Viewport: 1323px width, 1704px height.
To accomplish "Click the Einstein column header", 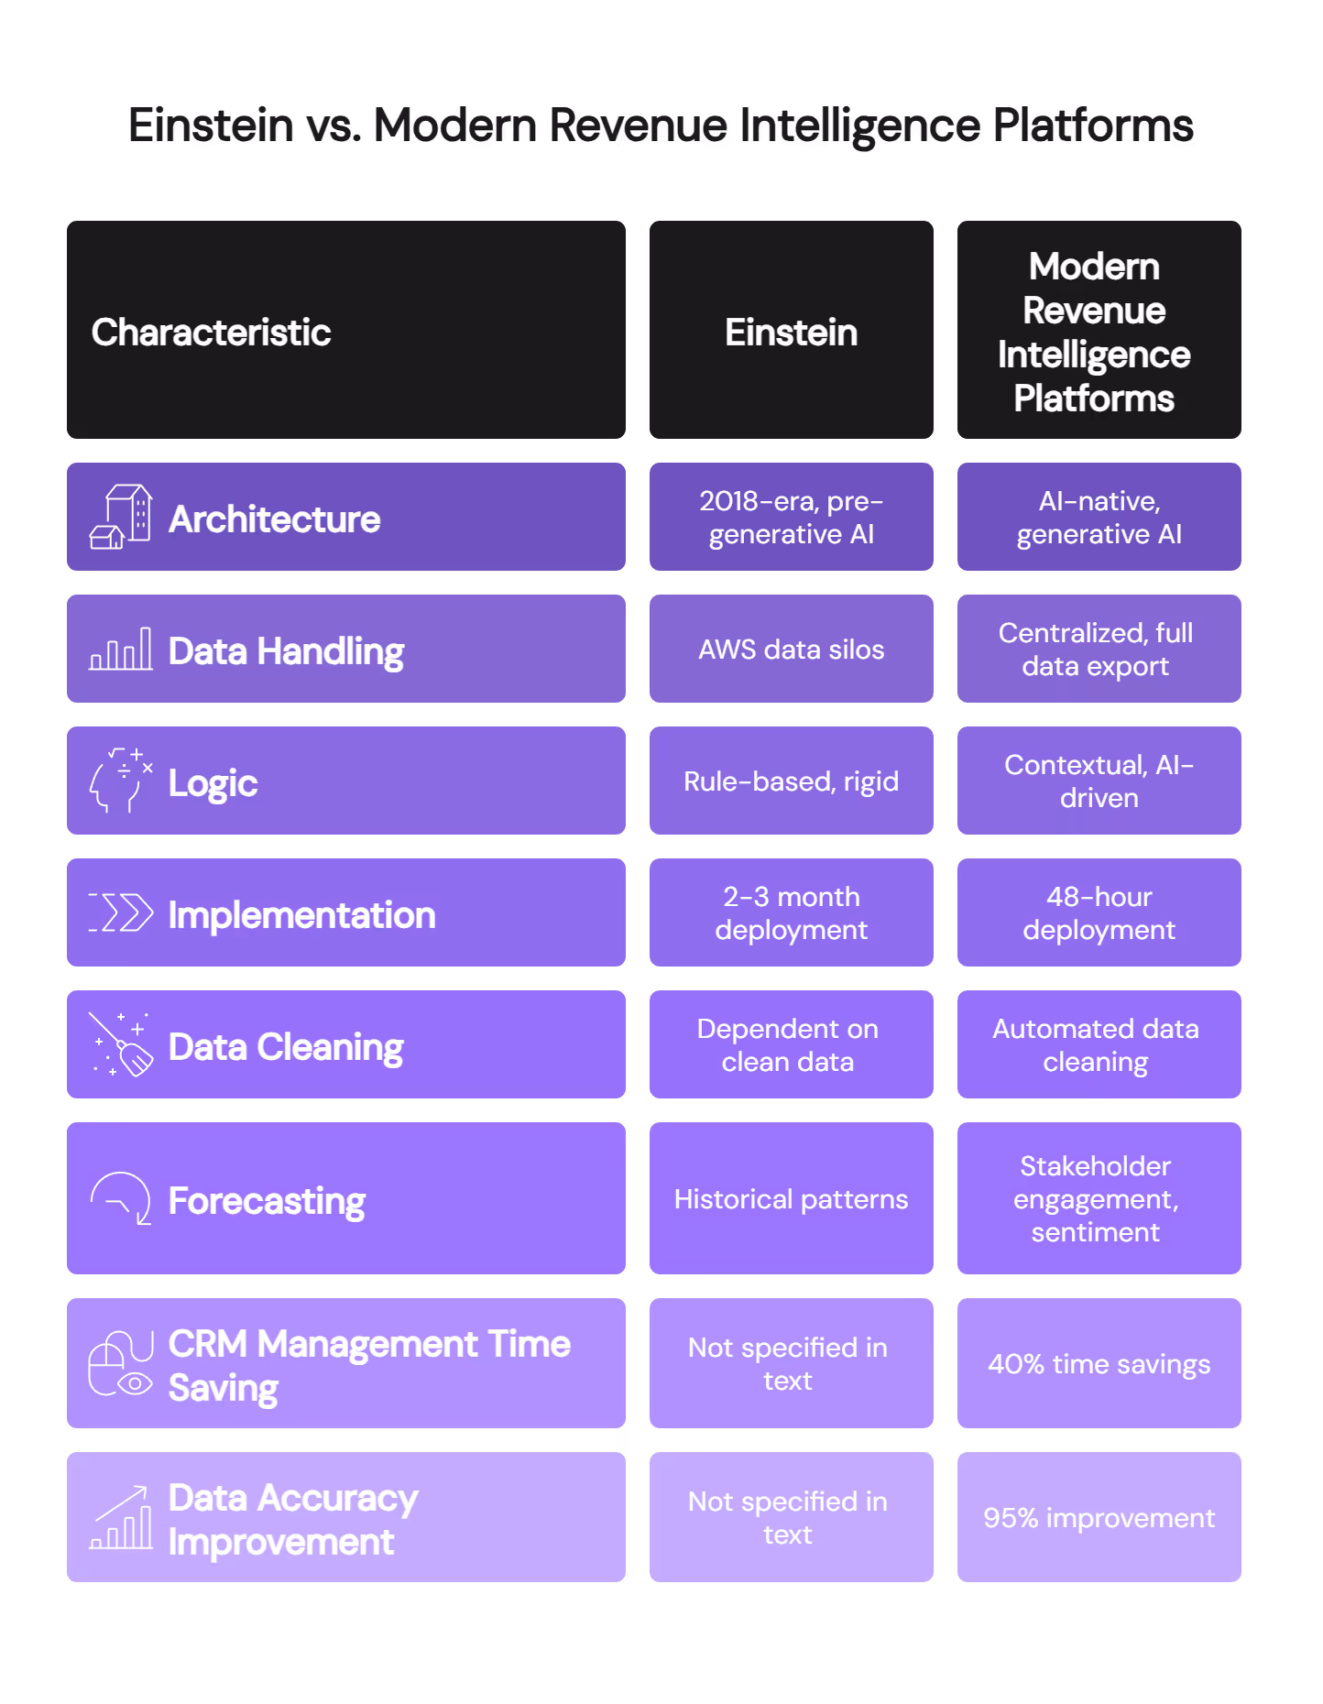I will pyautogui.click(x=791, y=332).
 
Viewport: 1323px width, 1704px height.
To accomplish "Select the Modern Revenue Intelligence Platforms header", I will pyautogui.click(x=1099, y=332).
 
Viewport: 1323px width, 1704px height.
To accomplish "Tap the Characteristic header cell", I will pyautogui.click(x=345, y=332).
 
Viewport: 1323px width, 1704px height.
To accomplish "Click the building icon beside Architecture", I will pyautogui.click(x=121, y=518).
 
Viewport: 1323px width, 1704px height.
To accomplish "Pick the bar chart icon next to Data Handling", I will pyautogui.click(x=121, y=650).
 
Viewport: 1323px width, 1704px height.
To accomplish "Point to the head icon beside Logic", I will pyautogui.click(x=120, y=781).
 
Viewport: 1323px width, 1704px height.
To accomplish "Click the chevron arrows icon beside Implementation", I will pyautogui.click(x=121, y=912).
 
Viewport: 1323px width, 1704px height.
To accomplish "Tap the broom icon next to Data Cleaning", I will pyautogui.click(x=121, y=1045).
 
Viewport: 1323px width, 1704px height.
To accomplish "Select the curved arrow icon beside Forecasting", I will pyautogui.click(x=121, y=1198).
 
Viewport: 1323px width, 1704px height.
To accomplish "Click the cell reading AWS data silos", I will pyautogui.click(x=791, y=650).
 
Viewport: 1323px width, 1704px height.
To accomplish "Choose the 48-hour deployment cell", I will pyautogui.click(x=1099, y=913).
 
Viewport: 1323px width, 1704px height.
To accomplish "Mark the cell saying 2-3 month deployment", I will pyautogui.click(x=791, y=913).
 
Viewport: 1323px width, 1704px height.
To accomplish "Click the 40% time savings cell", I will pyautogui.click(x=1099, y=1364).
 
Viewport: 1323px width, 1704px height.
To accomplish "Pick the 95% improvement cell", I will pyautogui.click(x=1099, y=1518).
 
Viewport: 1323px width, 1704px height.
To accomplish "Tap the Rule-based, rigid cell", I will pyautogui.click(x=791, y=781).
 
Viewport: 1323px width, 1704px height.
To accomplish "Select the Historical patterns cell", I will pyautogui.click(x=791, y=1199).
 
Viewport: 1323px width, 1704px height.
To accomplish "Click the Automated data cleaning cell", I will pyautogui.click(x=1099, y=1045).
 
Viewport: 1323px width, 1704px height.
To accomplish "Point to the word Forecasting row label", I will pyautogui.click(x=267, y=1201).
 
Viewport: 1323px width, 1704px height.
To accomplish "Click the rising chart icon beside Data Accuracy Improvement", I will pyautogui.click(x=121, y=1518).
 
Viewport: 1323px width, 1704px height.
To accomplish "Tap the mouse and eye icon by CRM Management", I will pyautogui.click(x=121, y=1364).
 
